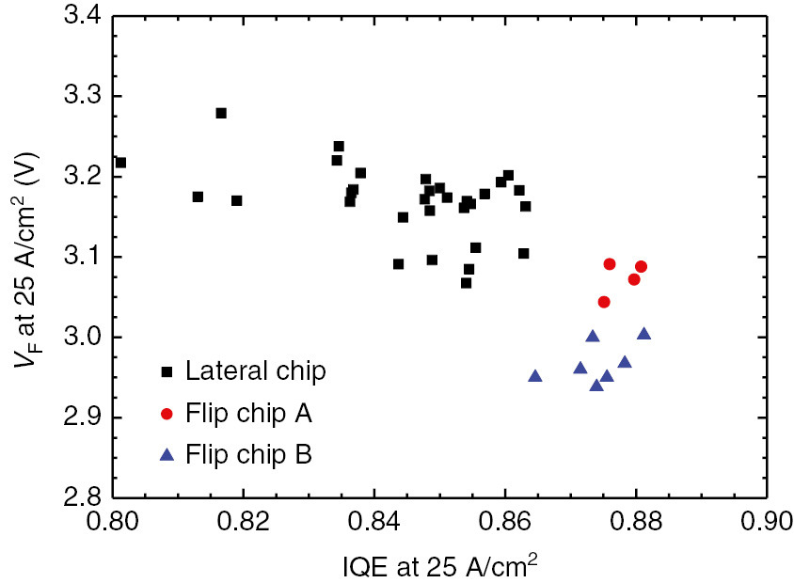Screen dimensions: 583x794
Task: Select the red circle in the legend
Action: click(x=167, y=414)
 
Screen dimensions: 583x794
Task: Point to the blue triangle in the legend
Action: click(x=167, y=455)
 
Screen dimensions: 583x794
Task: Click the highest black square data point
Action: click(x=221, y=113)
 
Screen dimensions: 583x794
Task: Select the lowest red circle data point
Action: click(x=604, y=302)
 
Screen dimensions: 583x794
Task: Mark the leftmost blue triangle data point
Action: click(x=535, y=376)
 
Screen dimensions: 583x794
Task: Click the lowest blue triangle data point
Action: click(x=596, y=385)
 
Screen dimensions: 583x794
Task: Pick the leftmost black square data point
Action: click(x=120, y=163)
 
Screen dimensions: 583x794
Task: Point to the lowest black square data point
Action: click(x=466, y=283)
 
